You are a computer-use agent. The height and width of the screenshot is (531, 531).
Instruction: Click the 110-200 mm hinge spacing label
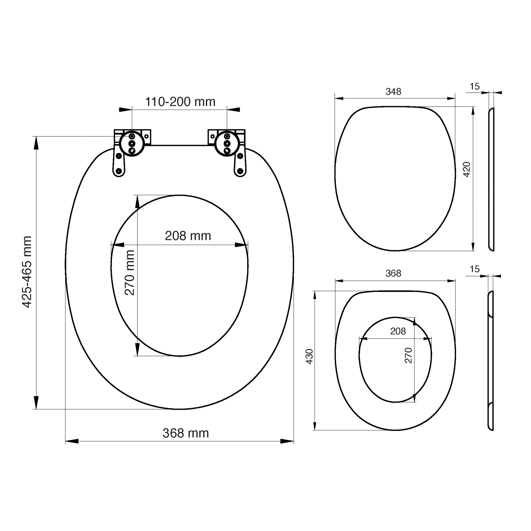(x=180, y=102)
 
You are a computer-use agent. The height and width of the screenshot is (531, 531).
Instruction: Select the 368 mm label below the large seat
(x=186, y=433)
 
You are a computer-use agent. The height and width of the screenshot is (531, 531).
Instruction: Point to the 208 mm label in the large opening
(x=188, y=236)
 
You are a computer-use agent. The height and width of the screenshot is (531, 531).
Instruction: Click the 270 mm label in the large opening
(x=129, y=273)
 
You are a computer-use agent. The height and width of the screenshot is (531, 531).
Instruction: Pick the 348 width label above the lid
(x=393, y=92)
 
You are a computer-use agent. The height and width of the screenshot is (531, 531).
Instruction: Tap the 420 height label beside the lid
(x=467, y=169)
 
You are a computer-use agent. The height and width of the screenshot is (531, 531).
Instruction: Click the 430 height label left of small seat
(x=310, y=356)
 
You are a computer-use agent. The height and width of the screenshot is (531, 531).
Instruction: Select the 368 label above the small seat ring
(x=393, y=273)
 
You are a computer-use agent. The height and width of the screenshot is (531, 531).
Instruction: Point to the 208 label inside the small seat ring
(x=398, y=331)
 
